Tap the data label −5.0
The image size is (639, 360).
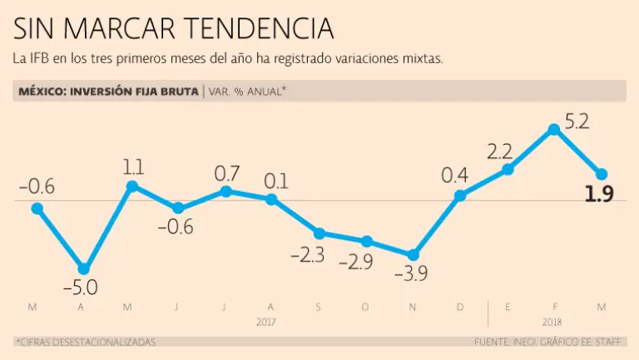click(x=81, y=288)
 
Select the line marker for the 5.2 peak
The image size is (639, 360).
click(x=553, y=130)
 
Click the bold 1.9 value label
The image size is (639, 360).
click(x=599, y=195)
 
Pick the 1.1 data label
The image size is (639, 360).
click(x=133, y=167)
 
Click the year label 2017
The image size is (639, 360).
click(x=266, y=321)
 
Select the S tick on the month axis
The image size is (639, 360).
click(x=318, y=308)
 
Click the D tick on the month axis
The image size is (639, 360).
click(x=459, y=308)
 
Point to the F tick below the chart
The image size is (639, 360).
click(x=554, y=308)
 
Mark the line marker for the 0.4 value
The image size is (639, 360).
click(x=459, y=196)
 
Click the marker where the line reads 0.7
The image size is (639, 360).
click(x=226, y=191)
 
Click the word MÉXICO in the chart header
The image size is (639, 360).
click(x=42, y=91)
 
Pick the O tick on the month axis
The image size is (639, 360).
click(x=365, y=308)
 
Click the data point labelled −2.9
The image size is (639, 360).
click(x=366, y=241)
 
